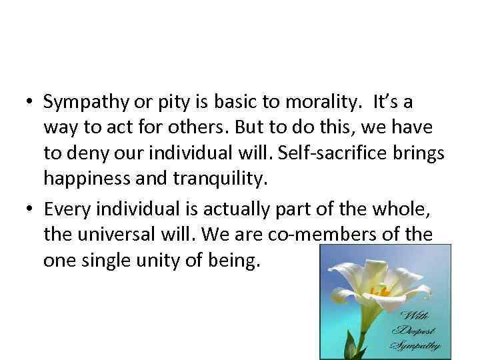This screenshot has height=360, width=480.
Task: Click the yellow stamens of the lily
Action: coord(381,291)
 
